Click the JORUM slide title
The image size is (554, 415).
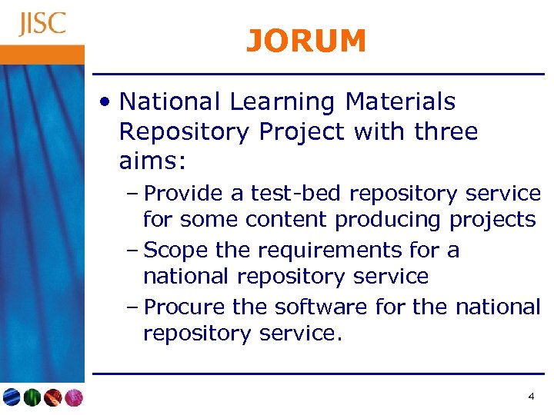[306, 41]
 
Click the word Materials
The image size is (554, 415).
[400, 101]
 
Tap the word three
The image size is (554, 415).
[446, 132]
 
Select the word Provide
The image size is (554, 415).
[182, 193]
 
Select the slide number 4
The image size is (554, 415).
[531, 397]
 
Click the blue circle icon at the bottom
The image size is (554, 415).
[12, 397]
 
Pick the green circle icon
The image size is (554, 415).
[32, 397]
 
